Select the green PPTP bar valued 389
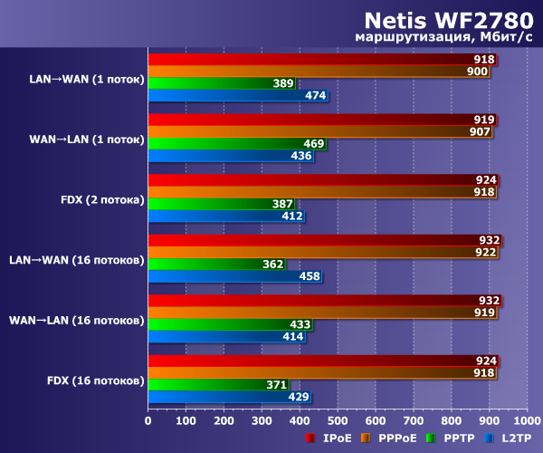click(222, 83)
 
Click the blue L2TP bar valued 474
click(237, 95)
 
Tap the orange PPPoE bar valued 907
click(320, 131)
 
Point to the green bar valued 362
click(216, 264)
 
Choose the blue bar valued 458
click(234, 275)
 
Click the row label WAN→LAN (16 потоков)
click(76, 320)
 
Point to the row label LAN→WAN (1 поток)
click(87, 78)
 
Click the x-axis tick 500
click(338, 420)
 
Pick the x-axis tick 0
click(148, 420)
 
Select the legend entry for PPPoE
click(393, 439)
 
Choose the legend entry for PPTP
click(458, 439)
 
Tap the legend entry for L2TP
click(511, 439)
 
